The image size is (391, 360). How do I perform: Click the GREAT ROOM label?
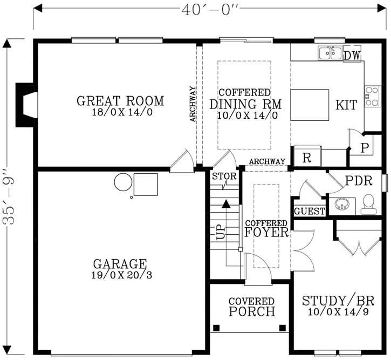[120, 101]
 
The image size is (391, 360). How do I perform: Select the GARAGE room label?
[120, 264]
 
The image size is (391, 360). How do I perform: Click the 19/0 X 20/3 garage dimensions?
[120, 275]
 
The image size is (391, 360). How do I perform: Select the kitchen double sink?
[329, 53]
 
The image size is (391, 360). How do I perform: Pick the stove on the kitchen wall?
[372, 96]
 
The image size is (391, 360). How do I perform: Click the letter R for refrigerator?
[306, 158]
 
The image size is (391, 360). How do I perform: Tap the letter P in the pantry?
[364, 147]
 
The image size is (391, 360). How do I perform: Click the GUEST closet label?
[310, 211]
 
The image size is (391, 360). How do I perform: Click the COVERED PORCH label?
[251, 307]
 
